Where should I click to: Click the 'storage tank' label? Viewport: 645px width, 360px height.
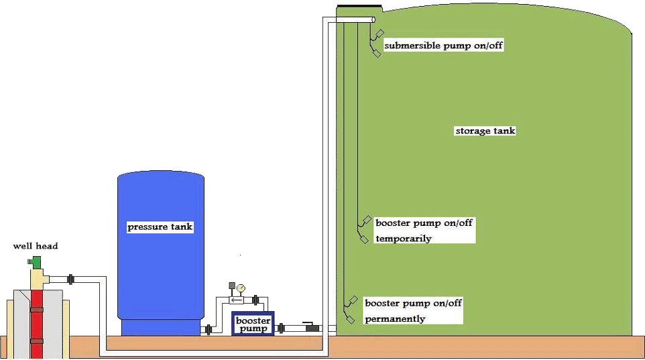click(485, 131)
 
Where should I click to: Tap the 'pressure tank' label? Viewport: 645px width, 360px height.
click(160, 227)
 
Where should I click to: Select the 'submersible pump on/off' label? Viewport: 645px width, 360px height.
click(443, 46)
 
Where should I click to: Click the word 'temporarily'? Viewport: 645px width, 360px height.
click(404, 239)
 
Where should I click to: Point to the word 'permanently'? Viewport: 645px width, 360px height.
click(395, 318)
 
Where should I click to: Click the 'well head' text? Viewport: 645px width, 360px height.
click(36, 246)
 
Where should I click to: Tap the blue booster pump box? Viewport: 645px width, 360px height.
click(253, 324)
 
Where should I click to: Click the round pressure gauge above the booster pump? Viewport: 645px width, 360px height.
click(241, 288)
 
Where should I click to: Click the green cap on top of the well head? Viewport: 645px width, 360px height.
click(35, 259)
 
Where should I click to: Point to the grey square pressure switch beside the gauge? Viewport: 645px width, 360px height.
click(232, 287)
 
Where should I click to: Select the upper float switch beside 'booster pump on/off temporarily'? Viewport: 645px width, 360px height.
click(367, 221)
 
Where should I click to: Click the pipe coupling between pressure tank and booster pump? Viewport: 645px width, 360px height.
click(210, 328)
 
